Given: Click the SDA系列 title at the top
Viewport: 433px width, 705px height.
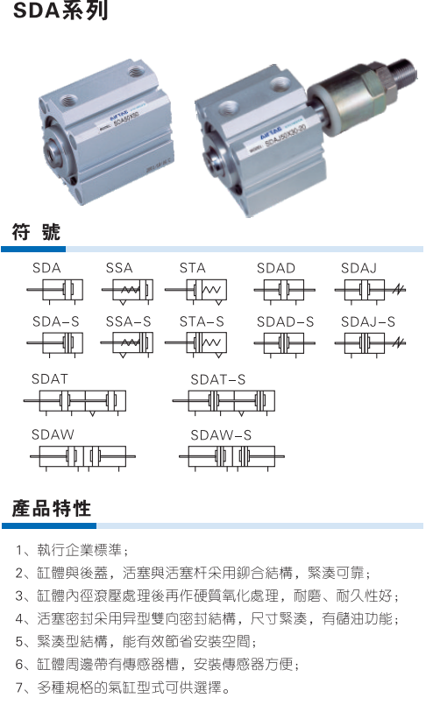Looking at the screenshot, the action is pyautogui.click(x=60, y=11).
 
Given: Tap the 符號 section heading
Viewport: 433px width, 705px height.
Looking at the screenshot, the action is pyautogui.click(x=36, y=232).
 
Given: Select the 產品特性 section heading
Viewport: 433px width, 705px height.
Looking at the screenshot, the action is pyautogui.click(x=52, y=509).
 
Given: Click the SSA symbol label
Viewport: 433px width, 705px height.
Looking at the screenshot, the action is pyautogui.click(x=119, y=268).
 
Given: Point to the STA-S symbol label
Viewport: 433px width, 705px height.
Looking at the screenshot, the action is pyautogui.click(x=202, y=321).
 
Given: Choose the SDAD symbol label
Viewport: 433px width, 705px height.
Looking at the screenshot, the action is pyautogui.click(x=276, y=268).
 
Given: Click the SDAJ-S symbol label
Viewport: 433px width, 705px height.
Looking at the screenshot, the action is pyautogui.click(x=368, y=321).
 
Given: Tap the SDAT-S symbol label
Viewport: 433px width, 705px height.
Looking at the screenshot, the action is pyautogui.click(x=218, y=379).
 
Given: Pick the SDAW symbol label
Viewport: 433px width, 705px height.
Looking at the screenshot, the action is pyautogui.click(x=53, y=434).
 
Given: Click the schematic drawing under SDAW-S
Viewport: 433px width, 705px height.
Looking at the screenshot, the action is pyautogui.click(x=231, y=458).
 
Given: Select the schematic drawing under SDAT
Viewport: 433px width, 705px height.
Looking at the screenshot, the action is pyautogui.click(x=75, y=401).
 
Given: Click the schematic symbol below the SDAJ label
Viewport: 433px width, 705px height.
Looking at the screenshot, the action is pyautogui.click(x=370, y=290).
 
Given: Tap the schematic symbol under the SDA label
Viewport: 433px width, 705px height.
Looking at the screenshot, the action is pyautogui.click(x=55, y=290).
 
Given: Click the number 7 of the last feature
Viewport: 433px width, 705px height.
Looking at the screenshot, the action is pyautogui.click(x=19, y=687).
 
